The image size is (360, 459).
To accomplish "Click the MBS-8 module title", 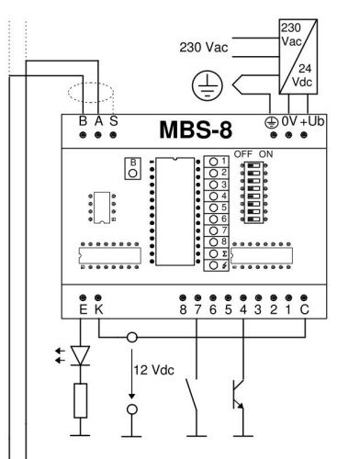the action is click(x=196, y=130).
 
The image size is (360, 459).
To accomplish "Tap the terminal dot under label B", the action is click(x=83, y=135).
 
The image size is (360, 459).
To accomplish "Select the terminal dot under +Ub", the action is click(x=304, y=135).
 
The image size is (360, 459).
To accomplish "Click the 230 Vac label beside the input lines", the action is click(x=204, y=48).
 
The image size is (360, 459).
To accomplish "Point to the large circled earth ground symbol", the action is click(x=208, y=85).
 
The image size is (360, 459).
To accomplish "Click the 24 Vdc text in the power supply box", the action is click(x=302, y=75).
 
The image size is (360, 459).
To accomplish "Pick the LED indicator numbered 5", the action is click(x=217, y=207).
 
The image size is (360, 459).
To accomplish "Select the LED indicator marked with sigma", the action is click(x=217, y=253).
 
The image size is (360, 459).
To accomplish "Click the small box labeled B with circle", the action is click(x=133, y=168).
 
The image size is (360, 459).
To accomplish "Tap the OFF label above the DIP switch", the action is click(x=243, y=154).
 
